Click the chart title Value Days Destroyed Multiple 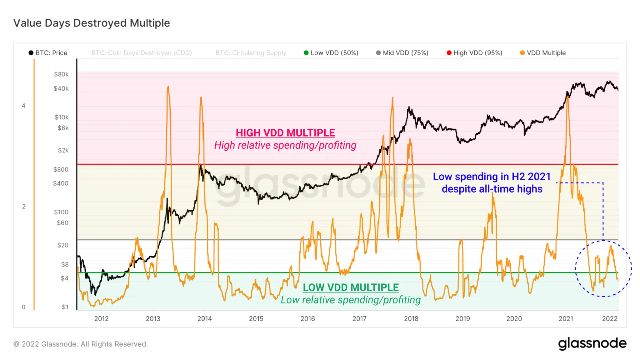tap(92, 23)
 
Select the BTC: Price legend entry tap(48, 53)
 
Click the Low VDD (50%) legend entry tap(331, 53)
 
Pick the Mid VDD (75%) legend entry tap(402, 53)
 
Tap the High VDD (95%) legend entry tap(475, 53)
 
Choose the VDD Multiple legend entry tap(543, 53)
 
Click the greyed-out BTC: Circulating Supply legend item tap(251, 53)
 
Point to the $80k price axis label tap(61, 74)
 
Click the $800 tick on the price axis tap(61, 169)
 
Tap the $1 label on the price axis tap(65, 307)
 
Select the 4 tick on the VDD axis tap(23, 106)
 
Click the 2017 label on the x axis tap(359, 319)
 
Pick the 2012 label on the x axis tap(101, 319)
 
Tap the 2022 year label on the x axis tap(610, 319)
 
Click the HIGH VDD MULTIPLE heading tap(285, 133)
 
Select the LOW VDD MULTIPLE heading tap(351, 287)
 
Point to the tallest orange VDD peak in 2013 tap(168, 87)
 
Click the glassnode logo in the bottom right tap(592, 343)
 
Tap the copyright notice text tap(81, 344)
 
